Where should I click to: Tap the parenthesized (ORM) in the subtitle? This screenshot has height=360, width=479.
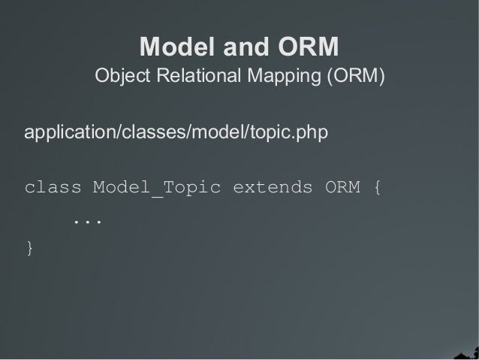click(354, 77)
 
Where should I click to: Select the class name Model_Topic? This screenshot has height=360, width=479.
click(157, 187)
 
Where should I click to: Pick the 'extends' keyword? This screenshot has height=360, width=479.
click(273, 187)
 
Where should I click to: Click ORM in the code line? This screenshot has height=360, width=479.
click(342, 187)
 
